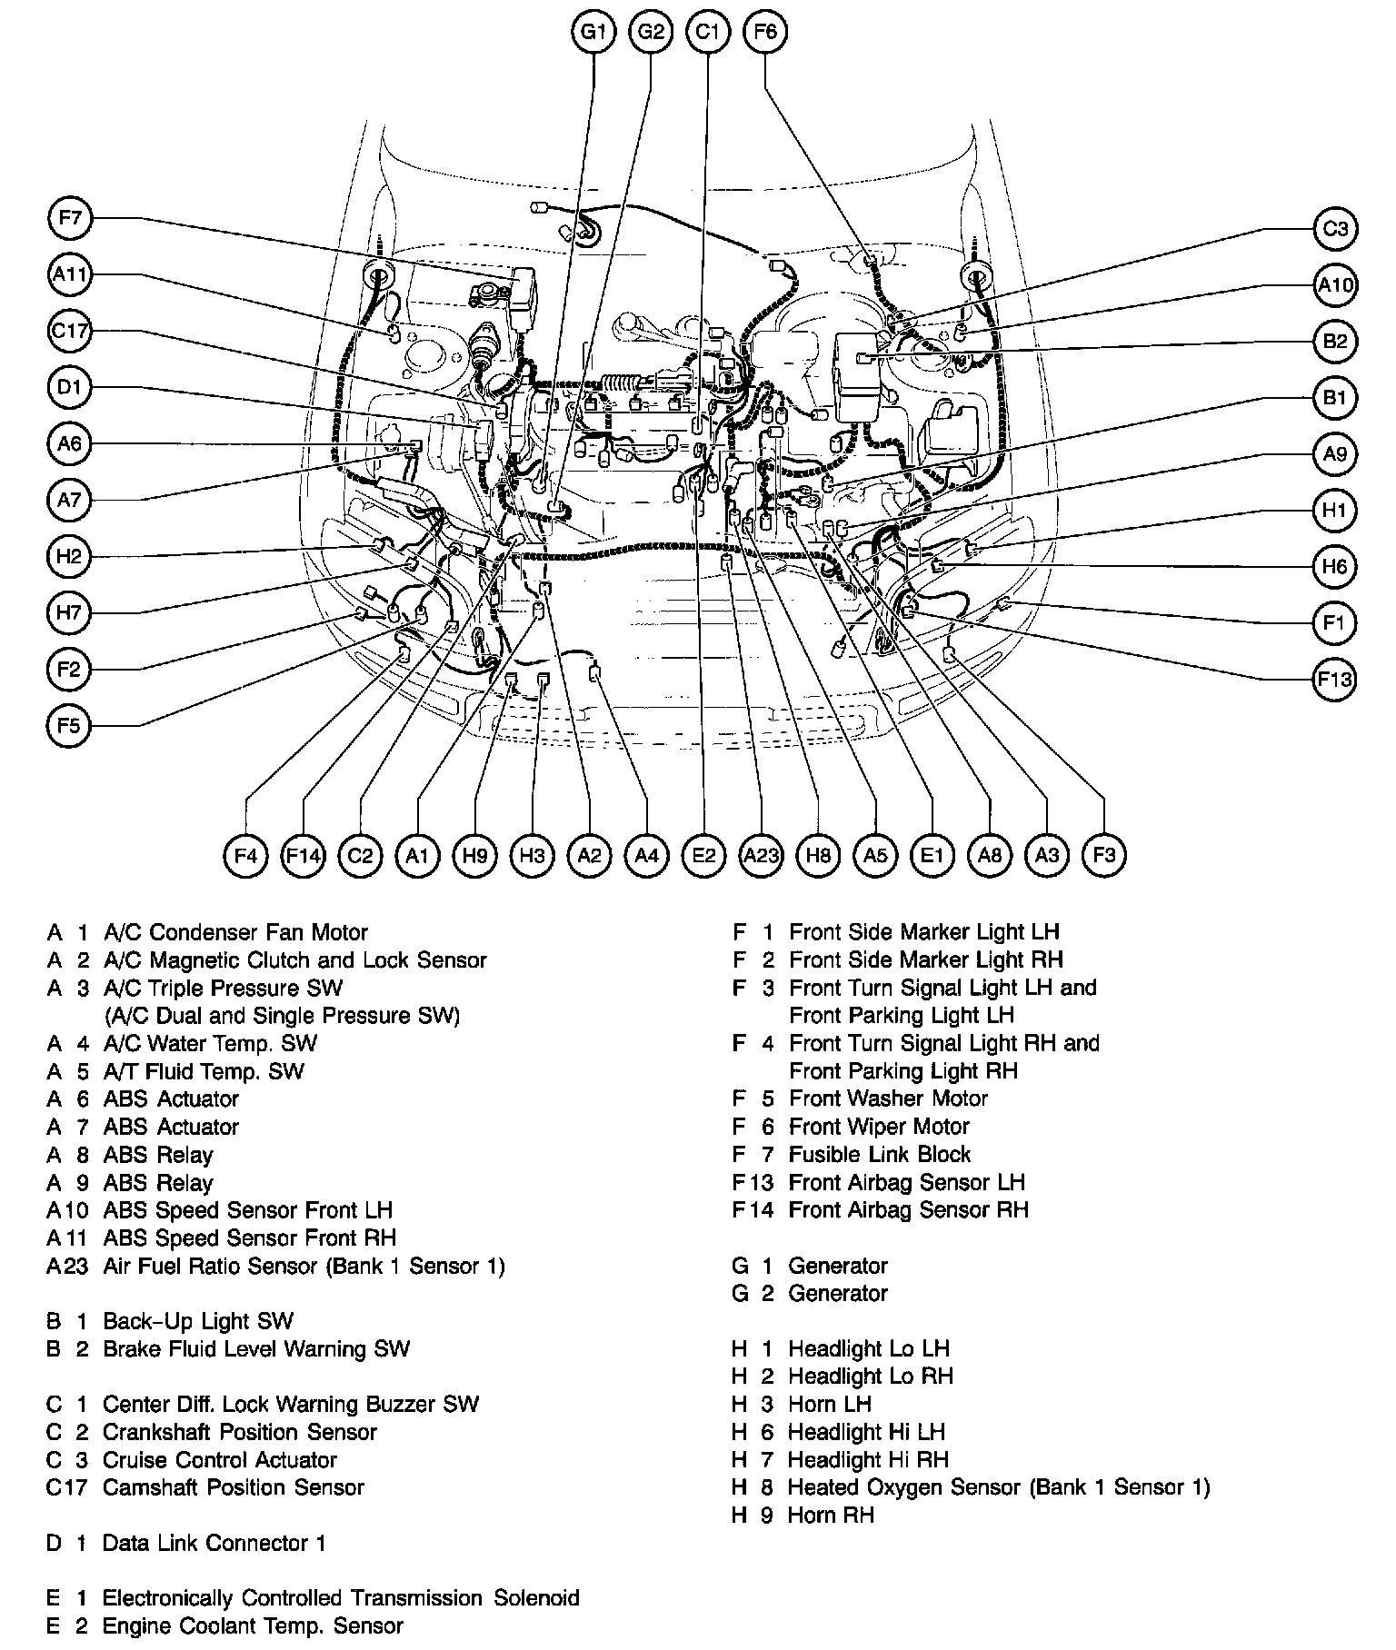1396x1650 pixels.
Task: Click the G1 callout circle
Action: point(593,33)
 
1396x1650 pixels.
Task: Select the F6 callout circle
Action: point(765,33)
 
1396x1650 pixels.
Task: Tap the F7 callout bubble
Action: point(70,218)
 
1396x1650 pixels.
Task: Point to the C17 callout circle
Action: point(70,332)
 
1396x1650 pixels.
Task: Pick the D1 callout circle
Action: point(70,388)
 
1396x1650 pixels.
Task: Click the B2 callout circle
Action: point(1334,342)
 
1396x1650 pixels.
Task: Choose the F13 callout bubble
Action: point(1334,679)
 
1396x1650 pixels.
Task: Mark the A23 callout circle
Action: point(761,855)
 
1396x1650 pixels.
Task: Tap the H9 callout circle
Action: point(474,855)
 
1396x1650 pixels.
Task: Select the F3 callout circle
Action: point(1104,855)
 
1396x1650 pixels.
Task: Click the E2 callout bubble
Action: point(703,855)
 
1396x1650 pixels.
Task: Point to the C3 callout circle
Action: point(1334,228)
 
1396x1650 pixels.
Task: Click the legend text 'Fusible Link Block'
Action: point(879,1154)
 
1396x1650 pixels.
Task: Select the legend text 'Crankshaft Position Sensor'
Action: point(239,1432)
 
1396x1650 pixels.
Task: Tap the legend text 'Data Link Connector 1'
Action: point(214,1543)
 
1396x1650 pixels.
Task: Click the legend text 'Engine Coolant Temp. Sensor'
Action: point(252,1625)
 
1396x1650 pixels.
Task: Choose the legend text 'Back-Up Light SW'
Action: point(198,1321)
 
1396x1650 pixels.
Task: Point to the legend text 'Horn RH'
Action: point(831,1515)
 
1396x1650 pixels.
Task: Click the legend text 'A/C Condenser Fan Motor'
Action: point(235,932)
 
